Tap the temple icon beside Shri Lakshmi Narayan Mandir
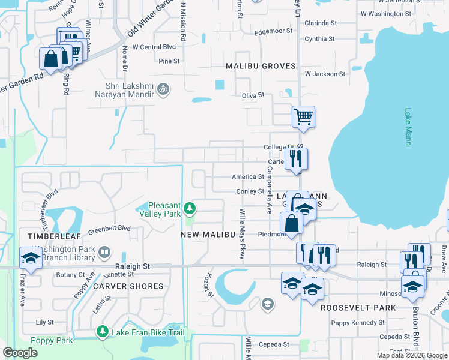tap(162, 89)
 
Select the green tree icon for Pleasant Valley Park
tap(190, 209)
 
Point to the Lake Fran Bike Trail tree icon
tap(102, 332)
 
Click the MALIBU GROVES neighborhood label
tap(261, 66)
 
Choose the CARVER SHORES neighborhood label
tap(128, 286)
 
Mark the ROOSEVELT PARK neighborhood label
tap(358, 308)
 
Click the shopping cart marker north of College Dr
tap(304, 116)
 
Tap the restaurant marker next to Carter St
tap(296, 158)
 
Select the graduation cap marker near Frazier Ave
tap(31, 258)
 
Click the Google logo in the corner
tap(20, 353)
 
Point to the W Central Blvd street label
tap(154, 46)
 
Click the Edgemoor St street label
tap(273, 31)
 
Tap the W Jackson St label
tap(325, 74)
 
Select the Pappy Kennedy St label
tap(357, 323)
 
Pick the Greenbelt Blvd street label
tap(109, 229)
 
